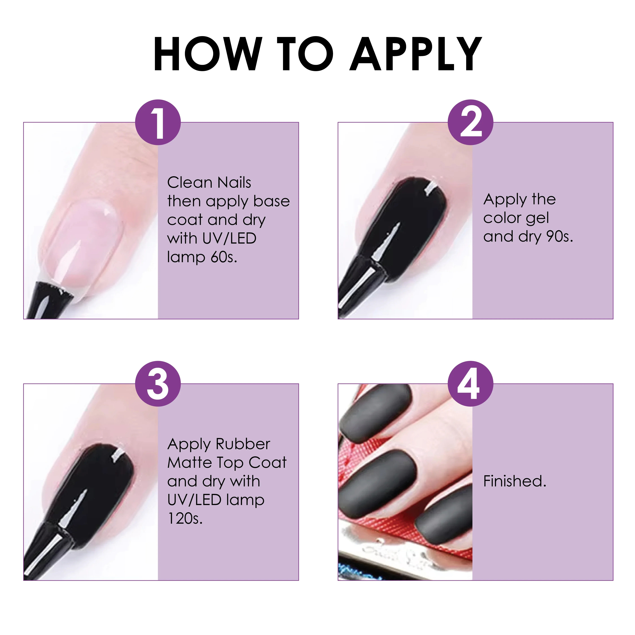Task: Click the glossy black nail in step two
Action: (411, 224)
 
